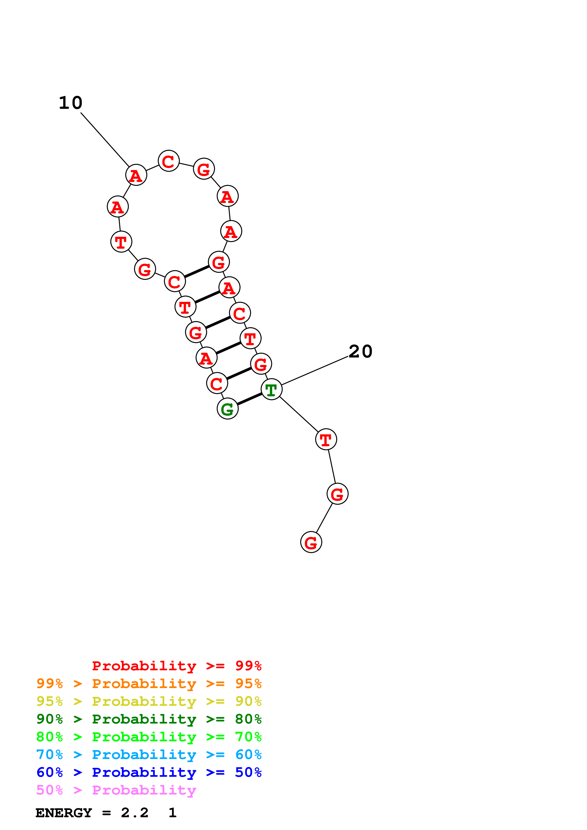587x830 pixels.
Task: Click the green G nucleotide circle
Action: click(228, 409)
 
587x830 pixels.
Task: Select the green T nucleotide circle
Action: click(271, 389)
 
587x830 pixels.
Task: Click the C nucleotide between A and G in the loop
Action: click(169, 161)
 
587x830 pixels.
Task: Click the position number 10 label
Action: click(71, 103)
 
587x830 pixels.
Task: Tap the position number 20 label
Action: click(361, 351)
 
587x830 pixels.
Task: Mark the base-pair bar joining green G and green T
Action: click(250, 399)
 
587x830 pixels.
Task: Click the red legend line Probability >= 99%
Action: click(176, 666)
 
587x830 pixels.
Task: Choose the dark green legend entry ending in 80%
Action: click(149, 719)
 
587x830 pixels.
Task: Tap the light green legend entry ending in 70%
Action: click(149, 737)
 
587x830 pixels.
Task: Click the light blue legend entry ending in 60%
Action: click(149, 755)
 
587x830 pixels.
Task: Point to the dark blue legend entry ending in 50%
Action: click(149, 772)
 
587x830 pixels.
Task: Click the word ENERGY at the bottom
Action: click(64, 813)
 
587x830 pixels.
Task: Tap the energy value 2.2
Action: click(134, 813)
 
